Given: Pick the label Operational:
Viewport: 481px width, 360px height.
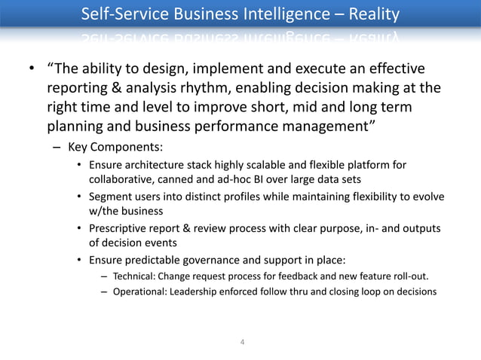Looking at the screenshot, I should tap(139, 291).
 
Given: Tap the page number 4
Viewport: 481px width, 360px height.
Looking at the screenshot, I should tap(241, 343).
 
